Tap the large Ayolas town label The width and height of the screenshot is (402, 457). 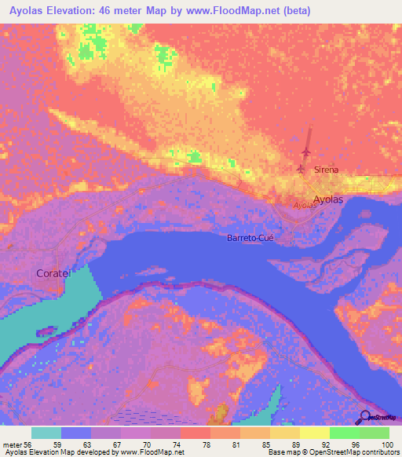pyautogui.click(x=328, y=199)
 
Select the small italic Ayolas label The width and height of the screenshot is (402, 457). pyautogui.click(x=305, y=205)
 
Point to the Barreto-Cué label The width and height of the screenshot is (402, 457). pyautogui.click(x=250, y=238)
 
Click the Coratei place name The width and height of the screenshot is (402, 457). pyautogui.click(x=53, y=273)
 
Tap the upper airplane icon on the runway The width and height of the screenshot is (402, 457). pyautogui.click(x=306, y=151)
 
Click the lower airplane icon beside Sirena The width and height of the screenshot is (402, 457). pyautogui.click(x=301, y=168)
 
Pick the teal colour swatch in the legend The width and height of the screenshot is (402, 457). pyautogui.click(x=46, y=433)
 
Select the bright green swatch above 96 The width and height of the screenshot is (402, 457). pyautogui.click(x=344, y=433)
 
